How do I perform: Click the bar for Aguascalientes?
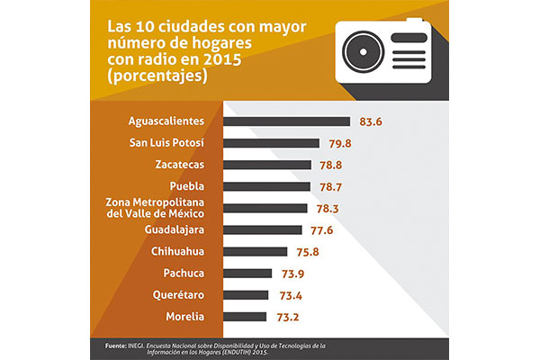286,121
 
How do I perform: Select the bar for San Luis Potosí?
271,143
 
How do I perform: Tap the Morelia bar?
245,317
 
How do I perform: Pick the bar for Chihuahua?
256,251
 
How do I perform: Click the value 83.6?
371,121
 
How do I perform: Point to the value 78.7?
330,187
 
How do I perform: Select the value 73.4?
291,295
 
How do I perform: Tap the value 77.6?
321,230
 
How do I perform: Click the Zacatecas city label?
180,165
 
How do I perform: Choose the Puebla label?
187,186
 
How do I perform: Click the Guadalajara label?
175,229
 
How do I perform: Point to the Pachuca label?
184,274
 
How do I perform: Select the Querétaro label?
178,295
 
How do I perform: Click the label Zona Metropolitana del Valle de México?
155,208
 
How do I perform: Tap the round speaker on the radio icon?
363,52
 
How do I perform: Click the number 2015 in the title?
222,59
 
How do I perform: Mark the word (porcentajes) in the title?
157,76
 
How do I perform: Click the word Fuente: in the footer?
116,346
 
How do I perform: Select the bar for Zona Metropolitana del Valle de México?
265,208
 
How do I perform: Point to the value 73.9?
293,274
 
